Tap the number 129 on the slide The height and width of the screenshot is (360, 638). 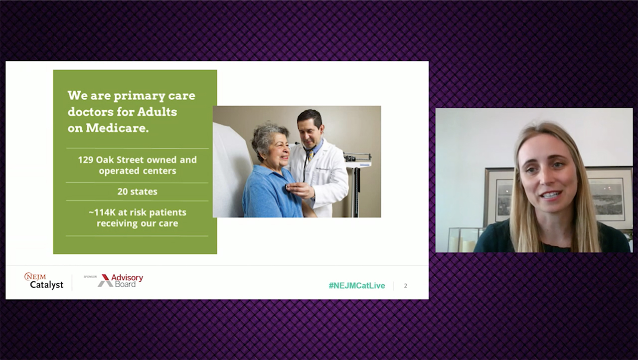click(85, 160)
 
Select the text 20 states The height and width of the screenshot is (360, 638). click(137, 191)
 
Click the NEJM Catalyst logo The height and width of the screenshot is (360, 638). click(44, 281)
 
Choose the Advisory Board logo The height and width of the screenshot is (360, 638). click(121, 281)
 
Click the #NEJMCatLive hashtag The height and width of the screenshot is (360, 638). click(357, 286)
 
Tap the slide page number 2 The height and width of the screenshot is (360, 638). click(406, 286)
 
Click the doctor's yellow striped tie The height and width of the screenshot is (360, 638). click(311, 155)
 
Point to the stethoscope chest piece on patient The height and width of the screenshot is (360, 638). click(288, 186)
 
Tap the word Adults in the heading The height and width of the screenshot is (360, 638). click(157, 112)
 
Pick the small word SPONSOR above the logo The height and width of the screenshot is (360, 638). click(90, 276)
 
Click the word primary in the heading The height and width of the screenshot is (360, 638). click(139, 96)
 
